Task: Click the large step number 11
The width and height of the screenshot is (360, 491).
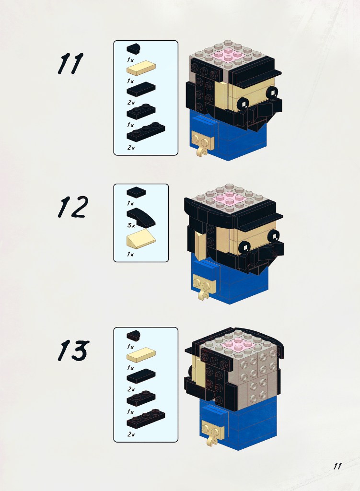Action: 70,63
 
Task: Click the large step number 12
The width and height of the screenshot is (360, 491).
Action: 73,207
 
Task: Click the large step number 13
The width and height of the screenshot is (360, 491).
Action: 73,351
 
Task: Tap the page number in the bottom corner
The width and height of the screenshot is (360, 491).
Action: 337,466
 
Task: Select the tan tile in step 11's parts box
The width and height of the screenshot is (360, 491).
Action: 141,67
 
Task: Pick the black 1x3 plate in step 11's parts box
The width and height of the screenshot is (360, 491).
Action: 146,131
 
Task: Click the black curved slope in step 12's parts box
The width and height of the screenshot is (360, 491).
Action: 141,217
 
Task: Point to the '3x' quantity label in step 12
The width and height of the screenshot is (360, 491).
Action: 131,225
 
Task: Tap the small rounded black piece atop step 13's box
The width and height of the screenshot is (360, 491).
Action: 133,335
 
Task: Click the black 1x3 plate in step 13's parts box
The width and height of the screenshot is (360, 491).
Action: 146,418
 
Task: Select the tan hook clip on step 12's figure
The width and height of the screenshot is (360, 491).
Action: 203,295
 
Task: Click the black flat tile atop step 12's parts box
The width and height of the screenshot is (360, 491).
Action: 136,192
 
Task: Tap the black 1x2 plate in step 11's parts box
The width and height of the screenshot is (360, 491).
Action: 141,111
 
